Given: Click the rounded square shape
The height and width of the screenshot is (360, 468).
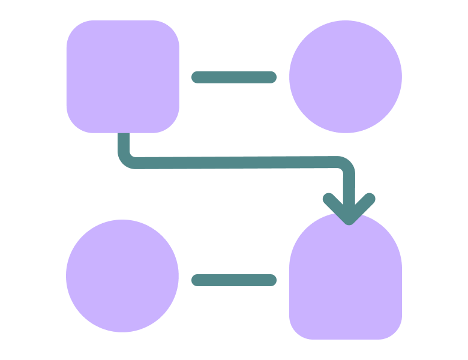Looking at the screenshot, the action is click(122, 76).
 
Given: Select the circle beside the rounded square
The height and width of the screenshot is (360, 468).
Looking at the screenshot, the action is click(346, 76).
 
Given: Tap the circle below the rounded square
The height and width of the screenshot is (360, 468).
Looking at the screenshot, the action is click(122, 275).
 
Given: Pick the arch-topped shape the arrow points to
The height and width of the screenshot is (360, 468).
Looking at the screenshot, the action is click(346, 282).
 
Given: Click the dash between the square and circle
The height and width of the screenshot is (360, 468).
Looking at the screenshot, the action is click(234, 77).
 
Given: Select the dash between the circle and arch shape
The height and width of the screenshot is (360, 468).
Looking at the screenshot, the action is click(234, 280).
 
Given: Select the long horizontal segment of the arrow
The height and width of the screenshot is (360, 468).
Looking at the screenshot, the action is click(234, 163).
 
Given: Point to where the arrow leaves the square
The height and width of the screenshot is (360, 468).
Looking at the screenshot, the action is click(124, 135).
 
